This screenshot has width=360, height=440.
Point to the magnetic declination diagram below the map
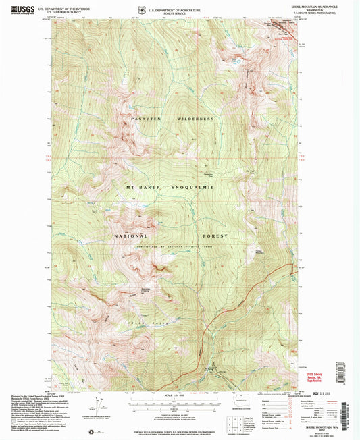(x=101, y=408)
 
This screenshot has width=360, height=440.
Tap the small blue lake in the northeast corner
(x=236, y=59)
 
